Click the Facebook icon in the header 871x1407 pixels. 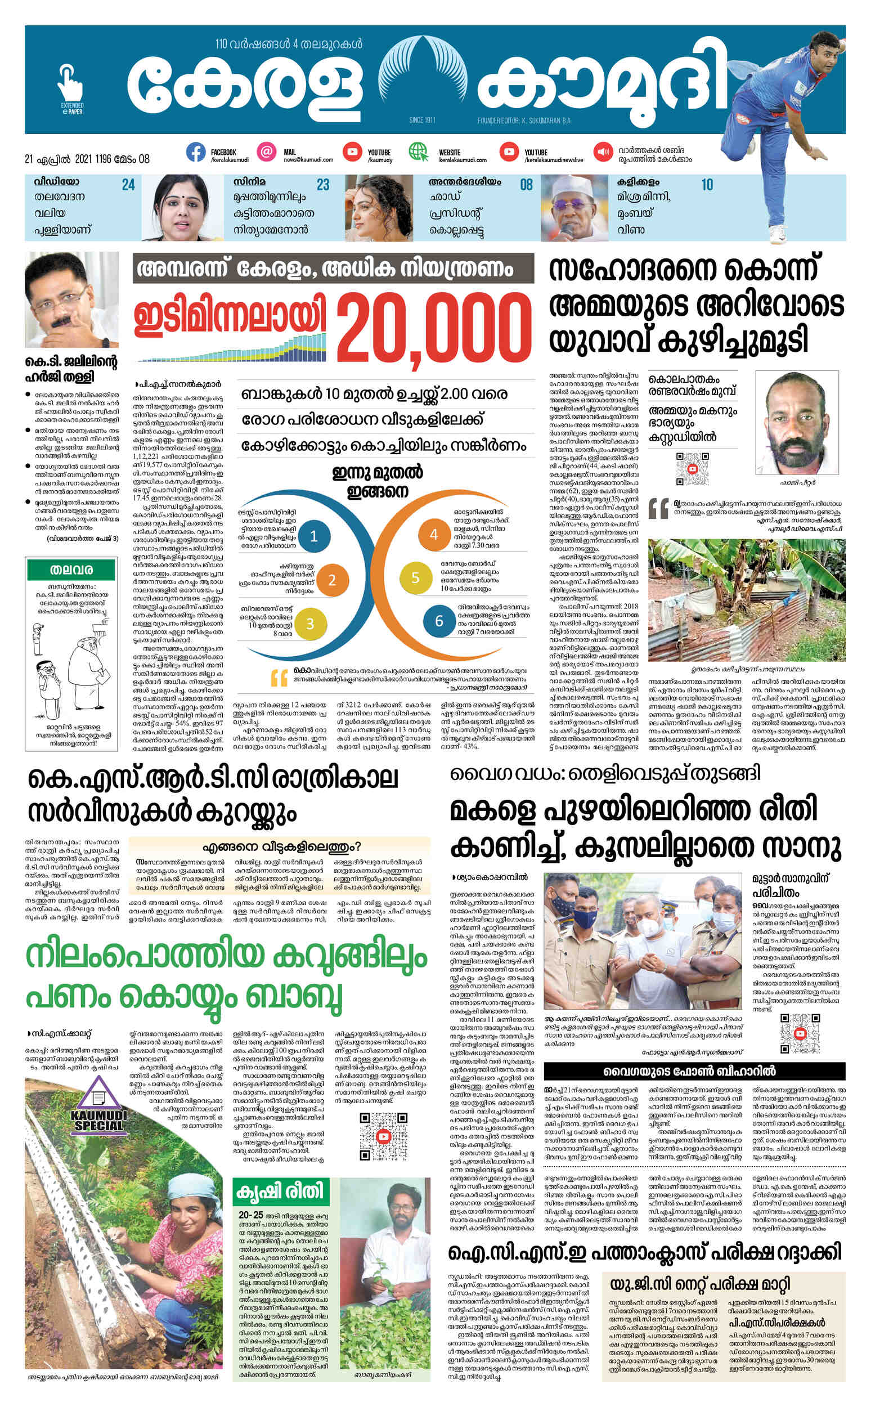point(196,152)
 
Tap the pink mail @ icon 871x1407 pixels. point(266,152)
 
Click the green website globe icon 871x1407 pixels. point(419,152)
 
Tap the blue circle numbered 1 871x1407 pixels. point(314,536)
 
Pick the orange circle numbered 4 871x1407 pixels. point(434,534)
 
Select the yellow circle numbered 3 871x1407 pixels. point(310,624)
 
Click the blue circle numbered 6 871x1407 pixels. point(439,620)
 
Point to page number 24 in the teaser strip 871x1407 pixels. point(128,185)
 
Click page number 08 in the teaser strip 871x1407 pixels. point(526,185)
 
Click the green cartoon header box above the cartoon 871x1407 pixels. point(71,570)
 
